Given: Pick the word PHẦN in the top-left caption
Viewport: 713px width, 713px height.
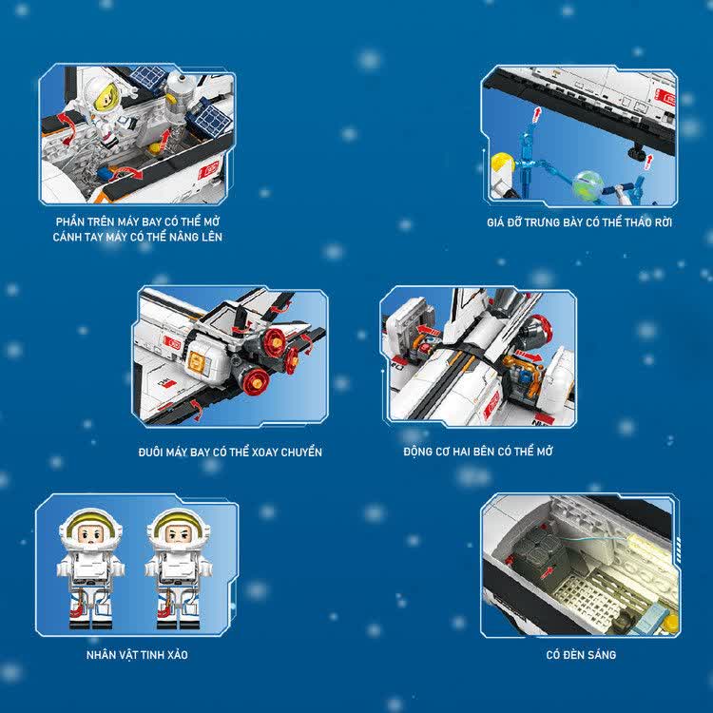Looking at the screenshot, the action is [x=70, y=222].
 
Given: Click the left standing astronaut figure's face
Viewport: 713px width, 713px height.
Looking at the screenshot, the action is [x=91, y=534].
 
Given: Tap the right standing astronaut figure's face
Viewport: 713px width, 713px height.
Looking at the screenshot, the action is [x=179, y=534].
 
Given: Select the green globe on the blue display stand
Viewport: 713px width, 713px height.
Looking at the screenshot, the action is [x=588, y=184].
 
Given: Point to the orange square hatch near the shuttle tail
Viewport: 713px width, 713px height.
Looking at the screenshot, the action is [x=199, y=363].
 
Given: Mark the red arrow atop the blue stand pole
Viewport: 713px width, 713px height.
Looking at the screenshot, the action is [x=537, y=114].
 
